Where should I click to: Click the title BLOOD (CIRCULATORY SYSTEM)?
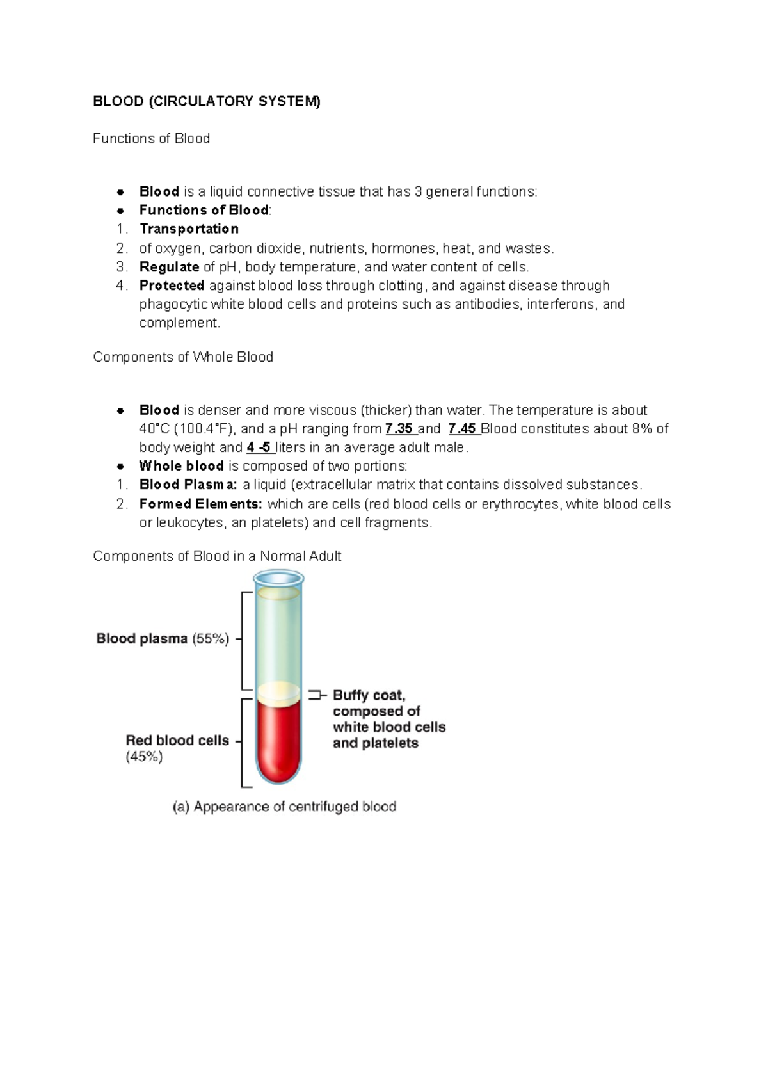[x=206, y=101]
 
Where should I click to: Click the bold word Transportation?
[x=189, y=229]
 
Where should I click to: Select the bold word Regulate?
[x=169, y=266]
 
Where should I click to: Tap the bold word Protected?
[x=172, y=285]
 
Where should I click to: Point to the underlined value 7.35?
[x=399, y=428]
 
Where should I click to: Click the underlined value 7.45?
[x=462, y=428]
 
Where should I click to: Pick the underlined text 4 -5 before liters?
[x=259, y=447]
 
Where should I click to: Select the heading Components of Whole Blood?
[x=182, y=357]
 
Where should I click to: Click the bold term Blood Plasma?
[x=188, y=484]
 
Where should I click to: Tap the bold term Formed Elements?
[x=200, y=504]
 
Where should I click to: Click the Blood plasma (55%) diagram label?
[x=163, y=638]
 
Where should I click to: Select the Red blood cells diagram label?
[x=177, y=740]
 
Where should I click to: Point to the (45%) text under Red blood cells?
[x=144, y=757]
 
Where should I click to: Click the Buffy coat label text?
[x=369, y=695]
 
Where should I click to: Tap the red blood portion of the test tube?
[x=278, y=743]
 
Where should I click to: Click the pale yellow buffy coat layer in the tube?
[x=278, y=692]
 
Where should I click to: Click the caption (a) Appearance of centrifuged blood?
[x=284, y=807]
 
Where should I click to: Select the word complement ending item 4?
[x=179, y=323]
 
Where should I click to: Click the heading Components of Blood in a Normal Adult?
[x=217, y=556]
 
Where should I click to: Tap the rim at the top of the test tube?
[x=278, y=579]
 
